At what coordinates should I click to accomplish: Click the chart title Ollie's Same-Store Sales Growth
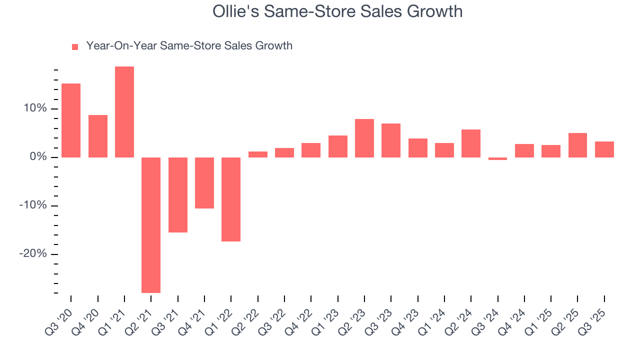tap(337, 11)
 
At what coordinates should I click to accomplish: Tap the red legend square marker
tap(75, 47)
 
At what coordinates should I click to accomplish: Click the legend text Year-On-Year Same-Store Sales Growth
tap(189, 46)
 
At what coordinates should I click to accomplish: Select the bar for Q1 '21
tap(124, 112)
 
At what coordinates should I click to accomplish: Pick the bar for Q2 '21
tap(151, 225)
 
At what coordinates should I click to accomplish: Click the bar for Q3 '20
tap(71, 120)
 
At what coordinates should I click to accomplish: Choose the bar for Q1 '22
tap(231, 199)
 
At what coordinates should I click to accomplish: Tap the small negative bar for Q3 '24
tap(497, 159)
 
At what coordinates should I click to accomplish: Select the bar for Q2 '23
tap(364, 138)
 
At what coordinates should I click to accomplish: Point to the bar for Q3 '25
tap(604, 149)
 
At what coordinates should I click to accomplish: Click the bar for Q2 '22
tap(258, 154)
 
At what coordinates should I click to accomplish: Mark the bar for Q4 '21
tap(204, 183)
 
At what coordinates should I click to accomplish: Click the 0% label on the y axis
tap(38, 157)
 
